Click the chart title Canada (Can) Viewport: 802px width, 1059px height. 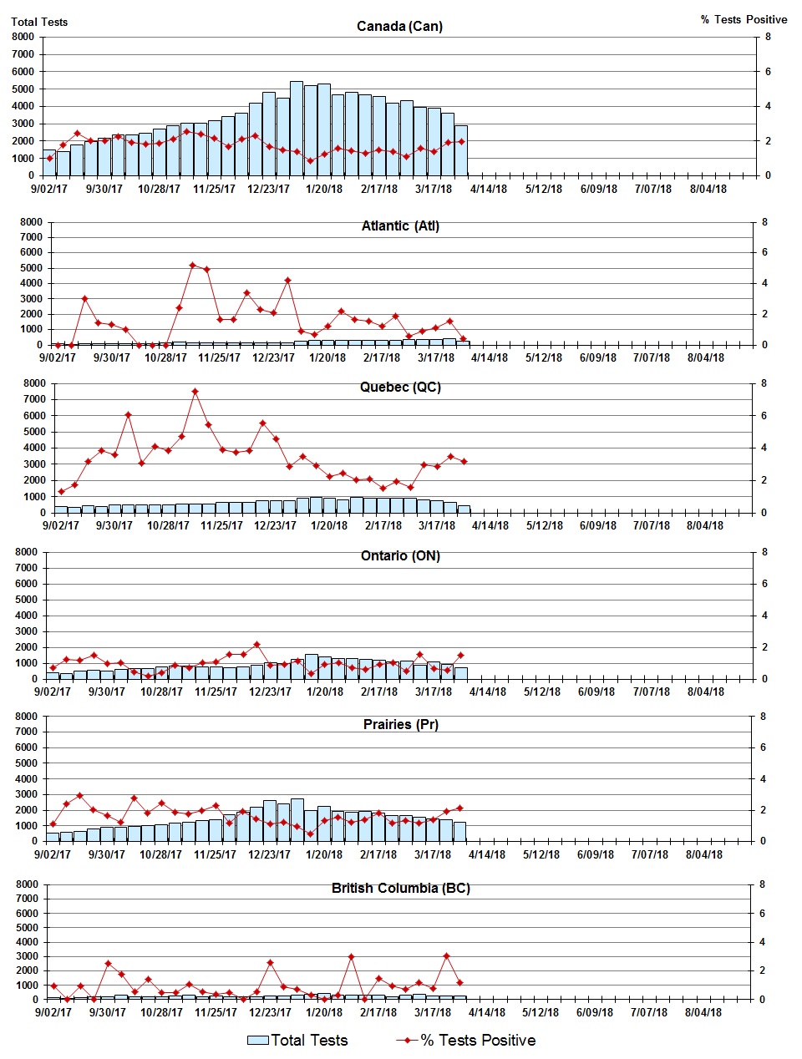click(399, 26)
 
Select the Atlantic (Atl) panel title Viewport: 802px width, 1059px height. click(400, 225)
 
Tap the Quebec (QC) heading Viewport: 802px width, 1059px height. click(400, 387)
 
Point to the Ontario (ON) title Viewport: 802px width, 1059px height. click(400, 555)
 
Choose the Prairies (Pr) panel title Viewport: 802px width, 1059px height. click(400, 724)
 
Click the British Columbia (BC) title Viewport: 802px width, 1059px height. click(400, 888)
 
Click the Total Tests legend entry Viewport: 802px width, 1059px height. click(298, 1040)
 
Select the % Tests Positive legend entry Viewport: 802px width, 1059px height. click(467, 1040)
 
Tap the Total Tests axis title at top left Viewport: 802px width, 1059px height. click(39, 22)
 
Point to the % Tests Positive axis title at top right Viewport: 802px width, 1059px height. click(744, 19)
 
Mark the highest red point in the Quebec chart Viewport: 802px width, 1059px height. click(195, 391)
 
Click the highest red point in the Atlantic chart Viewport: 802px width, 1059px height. click(192, 265)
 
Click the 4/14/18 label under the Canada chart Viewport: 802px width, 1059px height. click(489, 189)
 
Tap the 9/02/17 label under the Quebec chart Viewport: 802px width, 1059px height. click(60, 525)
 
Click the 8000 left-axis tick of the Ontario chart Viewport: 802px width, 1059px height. click(26, 552)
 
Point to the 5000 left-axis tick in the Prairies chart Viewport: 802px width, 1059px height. click(26, 763)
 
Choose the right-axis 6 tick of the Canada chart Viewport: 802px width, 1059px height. click(769, 72)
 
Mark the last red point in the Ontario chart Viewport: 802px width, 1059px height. click(460, 656)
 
